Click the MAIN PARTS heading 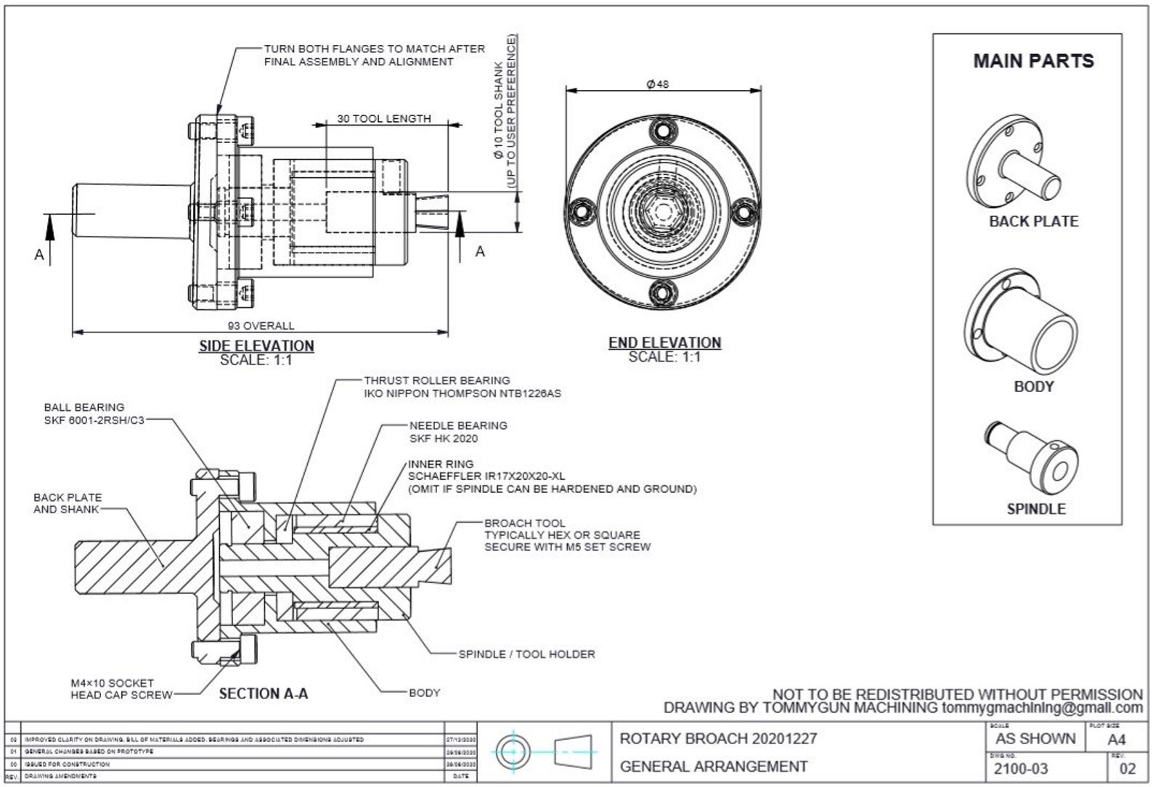point(1032,61)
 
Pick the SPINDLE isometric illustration point(1032,458)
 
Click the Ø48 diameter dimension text point(657,83)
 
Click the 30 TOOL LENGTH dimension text point(383,118)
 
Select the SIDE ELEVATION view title point(256,346)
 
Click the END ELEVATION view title point(664,342)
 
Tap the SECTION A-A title point(264,693)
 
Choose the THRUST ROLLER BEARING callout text point(436,380)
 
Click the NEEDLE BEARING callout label point(457,425)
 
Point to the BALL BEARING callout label point(83,407)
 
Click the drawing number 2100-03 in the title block point(1020,768)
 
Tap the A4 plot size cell point(1117,740)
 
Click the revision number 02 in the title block point(1128,769)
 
